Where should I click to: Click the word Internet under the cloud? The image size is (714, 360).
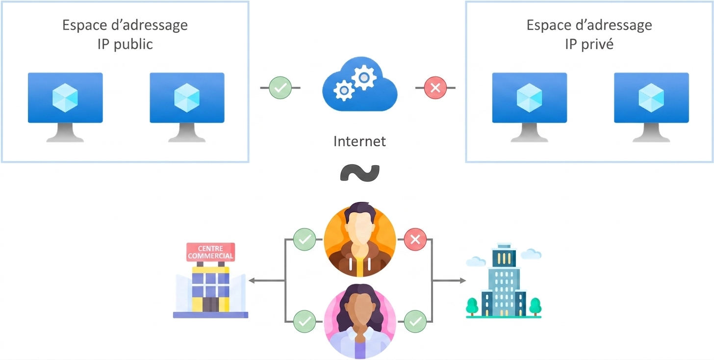(x=359, y=141)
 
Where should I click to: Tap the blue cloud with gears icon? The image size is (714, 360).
(x=360, y=84)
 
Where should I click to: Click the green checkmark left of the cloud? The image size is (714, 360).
(x=280, y=88)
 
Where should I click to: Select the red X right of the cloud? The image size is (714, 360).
(x=435, y=88)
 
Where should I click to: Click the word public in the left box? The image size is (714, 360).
(x=133, y=44)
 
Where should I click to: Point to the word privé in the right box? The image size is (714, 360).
(x=597, y=44)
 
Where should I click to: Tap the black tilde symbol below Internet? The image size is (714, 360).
(x=360, y=173)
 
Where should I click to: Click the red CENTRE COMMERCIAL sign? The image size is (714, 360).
(x=211, y=252)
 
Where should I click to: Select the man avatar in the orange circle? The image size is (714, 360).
(x=360, y=239)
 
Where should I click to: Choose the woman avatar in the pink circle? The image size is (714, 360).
(x=360, y=321)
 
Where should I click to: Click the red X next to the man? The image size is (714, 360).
(x=415, y=239)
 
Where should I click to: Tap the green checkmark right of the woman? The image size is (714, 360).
(x=415, y=321)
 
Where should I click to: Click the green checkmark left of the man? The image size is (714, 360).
(x=305, y=239)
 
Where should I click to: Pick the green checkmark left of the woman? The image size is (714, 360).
(x=305, y=321)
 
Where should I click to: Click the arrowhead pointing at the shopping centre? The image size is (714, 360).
(x=252, y=281)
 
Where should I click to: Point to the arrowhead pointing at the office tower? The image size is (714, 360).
(x=463, y=281)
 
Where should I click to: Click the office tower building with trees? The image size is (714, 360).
(x=504, y=281)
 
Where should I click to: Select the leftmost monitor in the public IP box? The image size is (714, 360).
(x=65, y=107)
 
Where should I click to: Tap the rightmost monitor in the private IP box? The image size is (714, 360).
(x=652, y=107)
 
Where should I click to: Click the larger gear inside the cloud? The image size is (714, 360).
(x=364, y=77)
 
